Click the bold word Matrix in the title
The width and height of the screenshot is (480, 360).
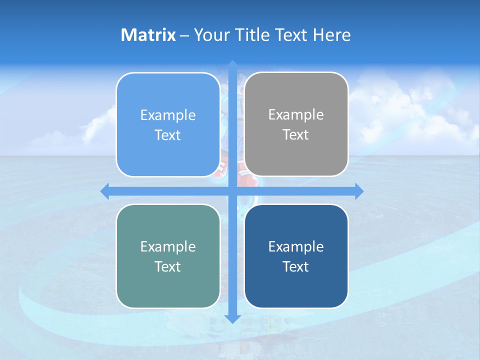pos(148,35)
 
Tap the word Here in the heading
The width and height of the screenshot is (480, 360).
pos(331,35)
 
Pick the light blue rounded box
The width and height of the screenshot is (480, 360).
pos(168,124)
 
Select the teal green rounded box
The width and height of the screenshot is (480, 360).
pos(168,256)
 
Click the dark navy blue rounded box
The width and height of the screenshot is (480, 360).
pos(296,256)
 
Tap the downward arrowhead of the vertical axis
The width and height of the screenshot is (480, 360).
pos(232,318)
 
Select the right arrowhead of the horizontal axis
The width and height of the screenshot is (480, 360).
pos(358,191)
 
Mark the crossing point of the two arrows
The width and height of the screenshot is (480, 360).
pos(232,191)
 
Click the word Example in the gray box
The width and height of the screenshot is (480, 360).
pos(296,114)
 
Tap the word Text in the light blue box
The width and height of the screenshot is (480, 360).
pos(168,135)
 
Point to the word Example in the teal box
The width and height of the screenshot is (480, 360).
pos(168,246)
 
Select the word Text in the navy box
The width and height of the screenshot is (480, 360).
pos(296,266)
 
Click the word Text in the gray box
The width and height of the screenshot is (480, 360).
pos(296,134)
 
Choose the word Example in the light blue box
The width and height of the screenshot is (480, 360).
pos(168,115)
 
